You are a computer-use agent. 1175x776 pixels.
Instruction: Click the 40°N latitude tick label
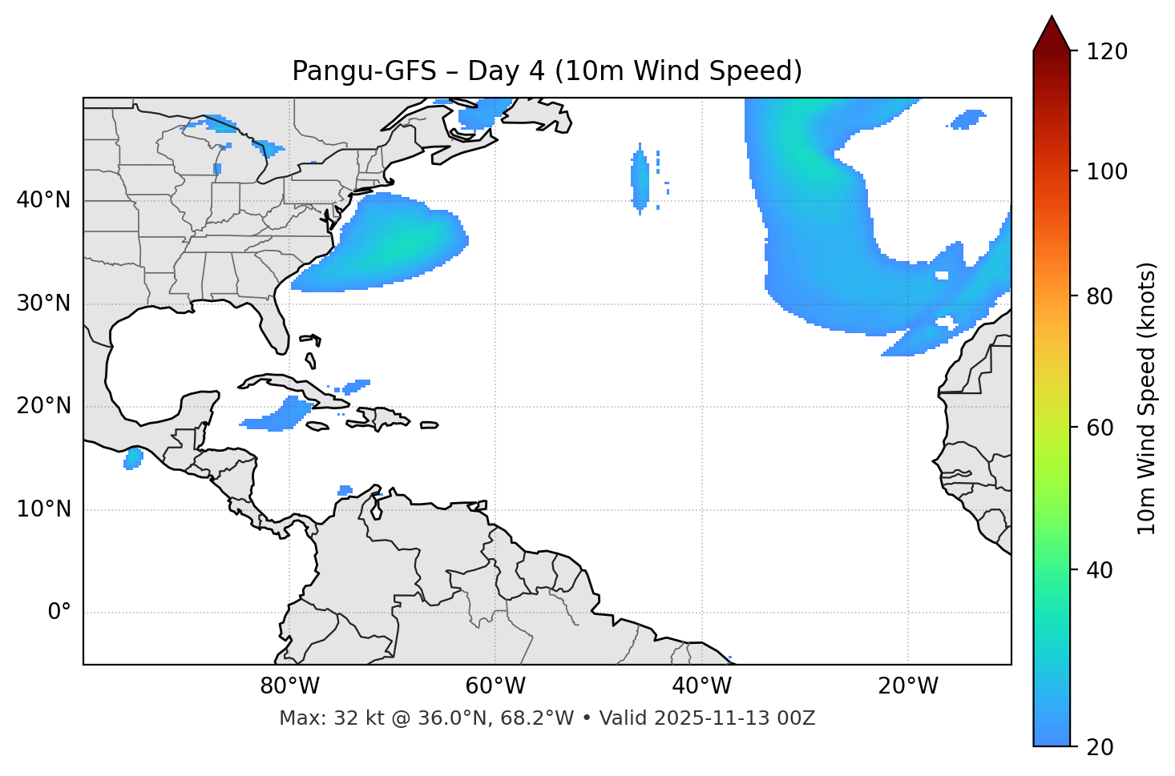pos(43,200)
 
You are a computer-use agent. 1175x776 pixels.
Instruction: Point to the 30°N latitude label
pos(43,304)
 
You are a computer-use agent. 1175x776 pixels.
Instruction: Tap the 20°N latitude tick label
pos(43,406)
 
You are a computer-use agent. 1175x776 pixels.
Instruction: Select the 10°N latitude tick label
pos(43,509)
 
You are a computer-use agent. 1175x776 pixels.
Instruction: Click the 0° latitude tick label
pos(59,613)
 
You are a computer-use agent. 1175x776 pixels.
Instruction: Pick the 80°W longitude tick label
pos(289,686)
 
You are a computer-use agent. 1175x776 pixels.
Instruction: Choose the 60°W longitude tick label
pos(495,686)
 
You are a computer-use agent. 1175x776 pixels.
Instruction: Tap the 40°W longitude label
pos(701,686)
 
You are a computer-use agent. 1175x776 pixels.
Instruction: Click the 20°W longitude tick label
pos(908,686)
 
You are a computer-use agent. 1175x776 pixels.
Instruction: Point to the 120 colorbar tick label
pos(1107,52)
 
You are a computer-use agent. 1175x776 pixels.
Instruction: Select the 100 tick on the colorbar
pos(1107,171)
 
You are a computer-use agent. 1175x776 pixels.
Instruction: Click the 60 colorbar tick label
pos(1101,428)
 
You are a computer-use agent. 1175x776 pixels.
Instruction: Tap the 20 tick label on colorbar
pos(1101,747)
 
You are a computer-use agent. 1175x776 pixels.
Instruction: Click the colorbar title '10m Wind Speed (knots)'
pos(1147,398)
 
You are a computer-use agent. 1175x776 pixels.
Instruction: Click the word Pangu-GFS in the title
pos(364,71)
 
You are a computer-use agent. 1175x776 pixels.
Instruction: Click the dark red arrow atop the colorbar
pos(1052,34)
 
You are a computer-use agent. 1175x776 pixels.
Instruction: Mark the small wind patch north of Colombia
pos(345,490)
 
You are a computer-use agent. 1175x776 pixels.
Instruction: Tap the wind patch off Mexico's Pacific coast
pos(133,459)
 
